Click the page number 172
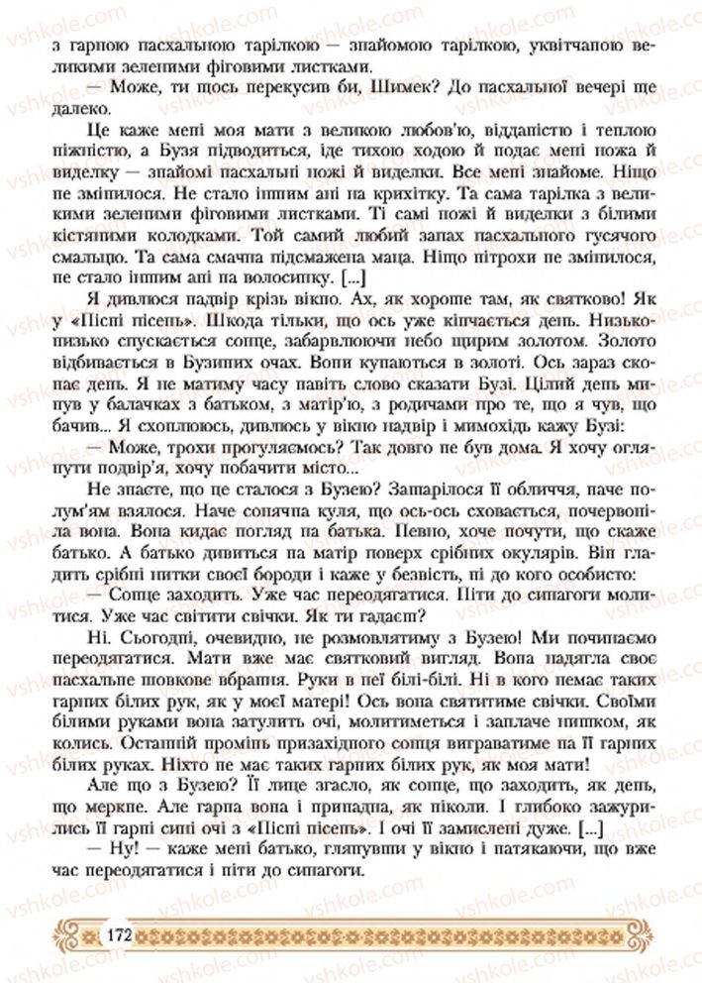pos(117,934)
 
